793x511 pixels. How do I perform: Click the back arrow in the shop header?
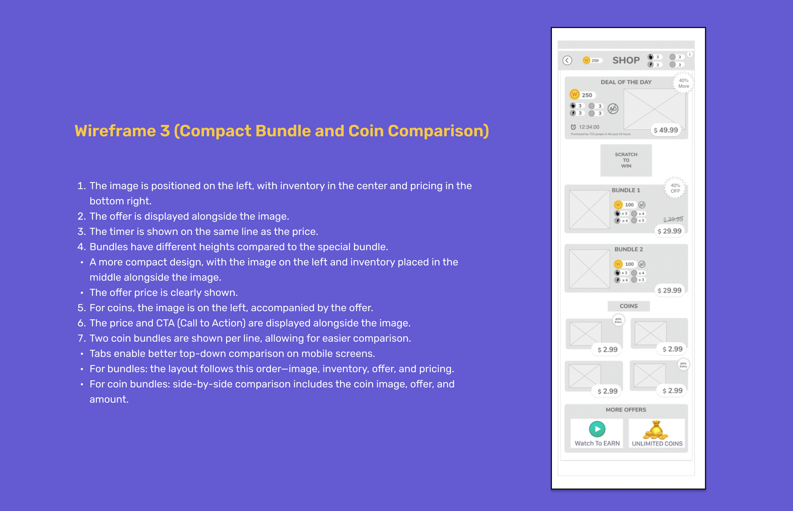pos(567,61)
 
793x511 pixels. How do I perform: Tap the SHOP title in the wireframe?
pos(626,61)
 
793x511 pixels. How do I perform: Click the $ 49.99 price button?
pos(666,130)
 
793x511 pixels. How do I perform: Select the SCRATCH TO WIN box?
pos(626,160)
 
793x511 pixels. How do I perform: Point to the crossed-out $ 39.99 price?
pos(673,219)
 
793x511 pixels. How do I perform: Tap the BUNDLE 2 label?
pos(628,249)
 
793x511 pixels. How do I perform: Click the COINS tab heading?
pos(628,306)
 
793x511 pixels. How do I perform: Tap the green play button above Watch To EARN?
pos(597,429)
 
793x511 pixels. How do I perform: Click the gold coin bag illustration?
pos(656,430)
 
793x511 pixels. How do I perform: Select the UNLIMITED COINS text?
pos(657,444)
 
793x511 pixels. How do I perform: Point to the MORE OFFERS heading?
pos(626,410)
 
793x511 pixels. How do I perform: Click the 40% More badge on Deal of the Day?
pos(684,83)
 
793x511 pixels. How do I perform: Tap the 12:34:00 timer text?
pos(589,127)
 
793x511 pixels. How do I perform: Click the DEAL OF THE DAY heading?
pos(626,82)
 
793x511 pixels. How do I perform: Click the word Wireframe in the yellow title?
pos(115,131)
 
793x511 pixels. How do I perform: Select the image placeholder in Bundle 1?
pos(589,210)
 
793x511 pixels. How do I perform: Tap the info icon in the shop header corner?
pos(690,54)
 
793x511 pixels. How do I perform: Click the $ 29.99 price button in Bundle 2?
pos(669,290)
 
